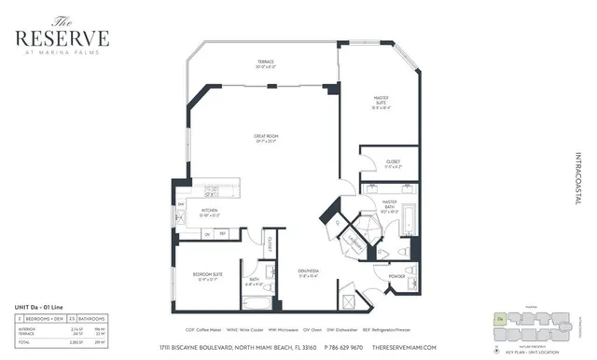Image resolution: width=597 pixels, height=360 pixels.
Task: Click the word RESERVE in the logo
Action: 61,38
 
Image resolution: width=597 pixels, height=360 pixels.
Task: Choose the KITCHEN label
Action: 210,212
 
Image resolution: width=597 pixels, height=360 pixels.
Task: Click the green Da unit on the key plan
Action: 500,319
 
